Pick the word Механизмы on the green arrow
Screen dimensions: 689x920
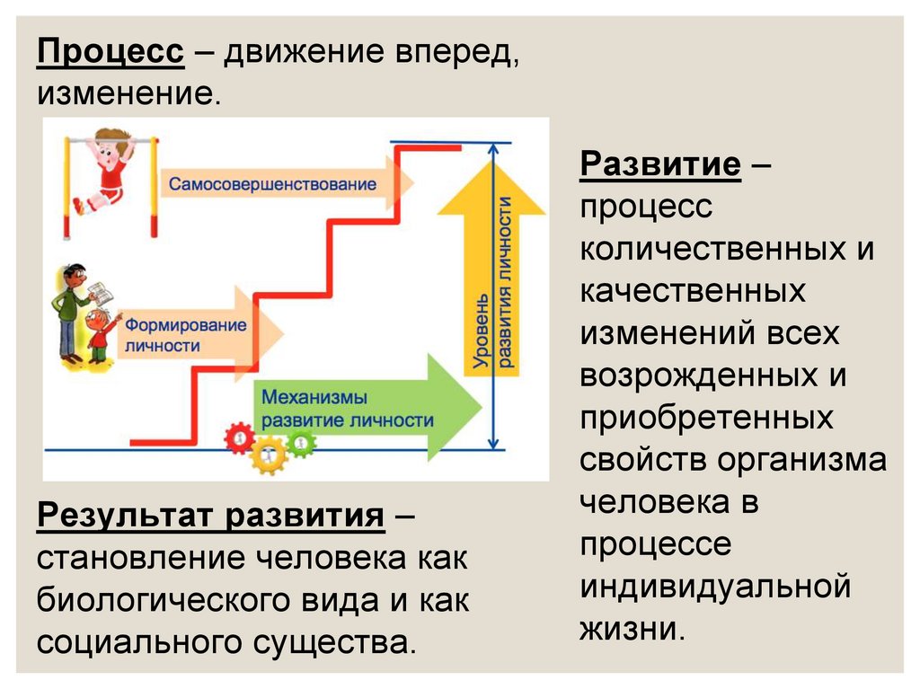click(x=311, y=396)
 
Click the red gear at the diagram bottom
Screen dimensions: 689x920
click(x=240, y=438)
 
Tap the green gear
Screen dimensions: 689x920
click(x=300, y=440)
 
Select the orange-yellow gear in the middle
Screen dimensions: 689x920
click(x=269, y=455)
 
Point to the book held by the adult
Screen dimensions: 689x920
click(x=101, y=292)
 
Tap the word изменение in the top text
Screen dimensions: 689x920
click(x=128, y=93)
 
